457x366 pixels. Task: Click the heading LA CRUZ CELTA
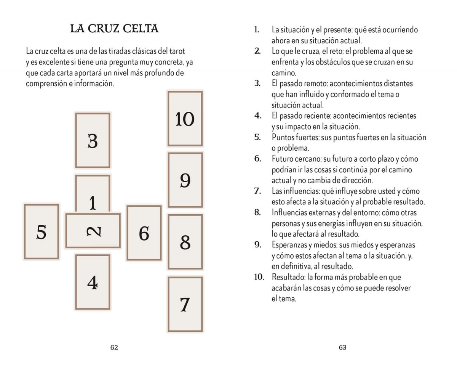coord(114,29)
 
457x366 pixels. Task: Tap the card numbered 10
coord(185,118)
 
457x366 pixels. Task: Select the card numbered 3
coord(93,140)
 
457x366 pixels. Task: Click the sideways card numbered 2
coord(93,231)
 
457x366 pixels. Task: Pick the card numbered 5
coord(42,231)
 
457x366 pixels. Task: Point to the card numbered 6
coord(144,233)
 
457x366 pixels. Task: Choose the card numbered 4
coord(93,282)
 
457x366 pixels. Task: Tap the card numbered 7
coord(185,304)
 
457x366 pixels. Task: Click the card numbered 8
coord(185,242)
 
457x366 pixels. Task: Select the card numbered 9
coord(185,180)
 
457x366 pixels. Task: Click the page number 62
coord(114,347)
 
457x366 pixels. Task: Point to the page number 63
coord(342,347)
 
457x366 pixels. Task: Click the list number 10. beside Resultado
coord(259,277)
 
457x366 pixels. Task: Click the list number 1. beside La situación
coord(257,29)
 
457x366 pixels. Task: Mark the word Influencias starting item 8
coord(291,212)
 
